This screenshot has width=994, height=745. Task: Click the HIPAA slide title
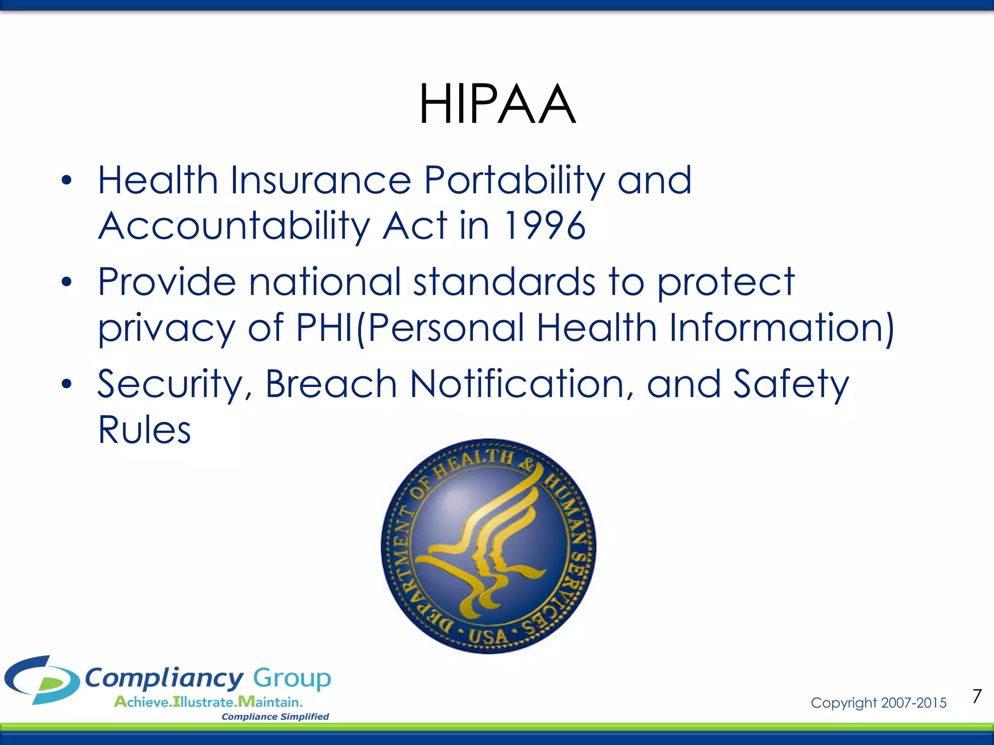[497, 104]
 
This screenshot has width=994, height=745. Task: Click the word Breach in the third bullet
[331, 384]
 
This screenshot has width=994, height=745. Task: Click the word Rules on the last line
[144, 430]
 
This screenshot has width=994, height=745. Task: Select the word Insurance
[321, 180]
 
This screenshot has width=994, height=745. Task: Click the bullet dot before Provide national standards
[66, 282]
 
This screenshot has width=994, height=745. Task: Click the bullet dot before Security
[66, 384]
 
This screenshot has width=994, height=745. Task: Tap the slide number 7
[977, 696]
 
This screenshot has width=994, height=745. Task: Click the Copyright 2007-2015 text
[878, 703]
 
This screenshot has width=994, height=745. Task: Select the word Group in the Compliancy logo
[292, 678]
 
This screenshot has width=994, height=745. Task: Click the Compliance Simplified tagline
[275, 717]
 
